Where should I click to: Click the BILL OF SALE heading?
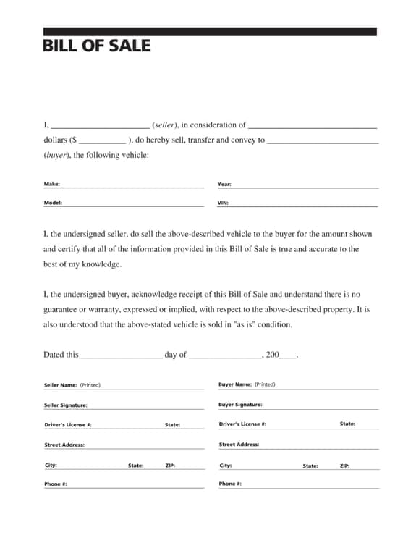[97, 46]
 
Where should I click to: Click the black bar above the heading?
[210, 32]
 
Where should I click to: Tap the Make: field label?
[52, 184]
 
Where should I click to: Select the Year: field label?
[224, 184]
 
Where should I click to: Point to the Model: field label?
[53, 203]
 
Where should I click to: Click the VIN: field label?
[223, 203]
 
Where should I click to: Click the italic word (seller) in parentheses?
[166, 125]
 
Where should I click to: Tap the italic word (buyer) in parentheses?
[56, 155]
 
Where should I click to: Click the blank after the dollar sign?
[101, 140]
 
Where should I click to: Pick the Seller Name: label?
[61, 385]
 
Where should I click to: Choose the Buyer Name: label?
[235, 384]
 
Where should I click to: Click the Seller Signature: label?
[66, 405]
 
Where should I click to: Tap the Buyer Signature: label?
[240, 405]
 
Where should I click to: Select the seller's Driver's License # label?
[68, 425]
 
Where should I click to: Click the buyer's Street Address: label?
[239, 445]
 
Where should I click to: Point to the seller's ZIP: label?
[170, 466]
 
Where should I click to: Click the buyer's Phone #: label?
[230, 484]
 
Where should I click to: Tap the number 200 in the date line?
[272, 355]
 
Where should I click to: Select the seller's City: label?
[51, 465]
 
